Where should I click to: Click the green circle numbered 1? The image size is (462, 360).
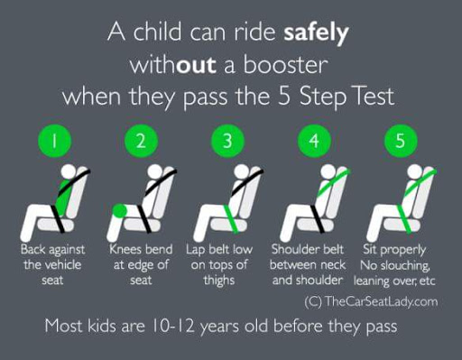(x=54, y=141)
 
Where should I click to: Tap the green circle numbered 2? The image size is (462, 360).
(x=141, y=141)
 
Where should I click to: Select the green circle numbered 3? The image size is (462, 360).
(x=227, y=141)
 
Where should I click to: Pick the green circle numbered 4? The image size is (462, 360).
(x=314, y=141)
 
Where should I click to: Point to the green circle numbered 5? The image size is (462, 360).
(x=401, y=141)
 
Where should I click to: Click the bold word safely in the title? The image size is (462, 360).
(x=316, y=33)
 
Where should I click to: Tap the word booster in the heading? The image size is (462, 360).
(x=285, y=64)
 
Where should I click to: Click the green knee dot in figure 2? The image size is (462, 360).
(x=120, y=210)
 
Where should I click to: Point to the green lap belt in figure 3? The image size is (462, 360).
(x=231, y=218)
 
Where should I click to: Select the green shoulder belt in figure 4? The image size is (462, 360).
(x=334, y=181)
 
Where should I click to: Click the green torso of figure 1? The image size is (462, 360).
(x=65, y=197)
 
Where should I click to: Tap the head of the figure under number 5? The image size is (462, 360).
(x=414, y=171)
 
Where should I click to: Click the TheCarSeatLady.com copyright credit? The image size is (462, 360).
(x=371, y=301)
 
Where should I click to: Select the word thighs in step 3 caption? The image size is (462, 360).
(x=219, y=281)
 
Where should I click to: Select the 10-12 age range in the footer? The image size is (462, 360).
(x=172, y=326)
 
